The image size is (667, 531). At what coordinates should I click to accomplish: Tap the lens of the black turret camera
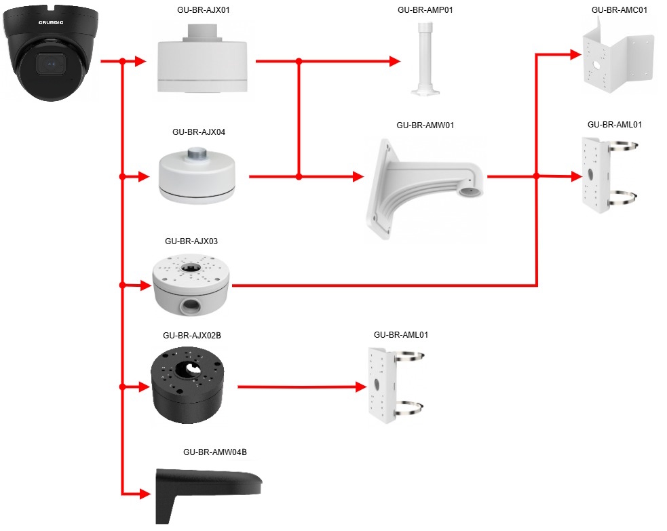click(x=50, y=64)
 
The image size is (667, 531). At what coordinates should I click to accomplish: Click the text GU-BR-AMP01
click(x=425, y=10)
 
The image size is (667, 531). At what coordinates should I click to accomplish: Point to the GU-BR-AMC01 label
click(x=619, y=10)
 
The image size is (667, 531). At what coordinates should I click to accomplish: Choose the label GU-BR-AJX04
click(x=199, y=132)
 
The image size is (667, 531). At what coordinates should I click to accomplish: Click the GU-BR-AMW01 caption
click(x=425, y=125)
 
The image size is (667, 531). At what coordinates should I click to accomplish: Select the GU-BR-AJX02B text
click(x=192, y=336)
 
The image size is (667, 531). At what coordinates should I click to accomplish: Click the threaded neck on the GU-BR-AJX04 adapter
click(x=198, y=152)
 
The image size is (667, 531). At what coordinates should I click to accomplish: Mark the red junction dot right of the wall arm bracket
click(x=537, y=176)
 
